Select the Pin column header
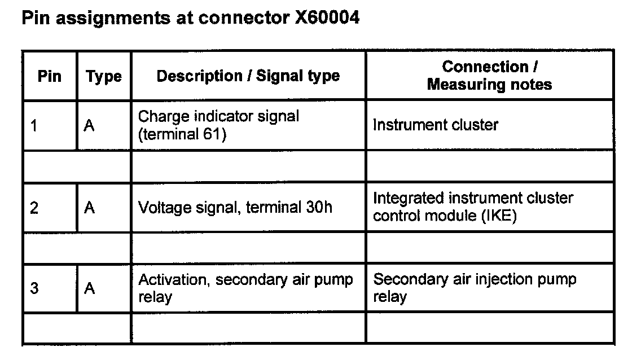click(50, 76)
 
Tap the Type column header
click(104, 77)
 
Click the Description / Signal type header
click(248, 76)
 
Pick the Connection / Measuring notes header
click(489, 76)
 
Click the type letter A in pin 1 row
click(89, 126)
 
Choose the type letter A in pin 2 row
click(89, 208)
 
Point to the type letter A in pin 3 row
click(89, 288)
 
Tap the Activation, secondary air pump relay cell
click(245, 288)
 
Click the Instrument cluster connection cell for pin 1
click(435, 125)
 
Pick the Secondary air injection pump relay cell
click(475, 288)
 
